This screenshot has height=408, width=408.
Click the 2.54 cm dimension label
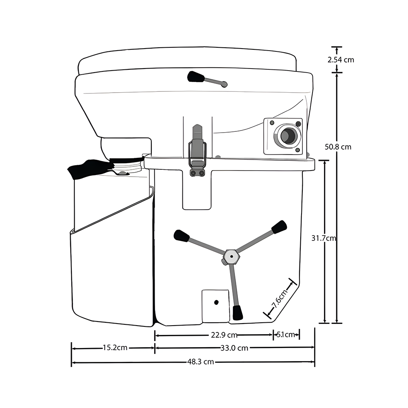pos(341,60)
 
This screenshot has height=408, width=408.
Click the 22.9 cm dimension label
pos(224,335)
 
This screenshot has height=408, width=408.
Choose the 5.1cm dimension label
pos(286,335)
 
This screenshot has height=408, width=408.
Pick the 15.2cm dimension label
pos(115,348)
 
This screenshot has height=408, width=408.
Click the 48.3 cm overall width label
pos(201,361)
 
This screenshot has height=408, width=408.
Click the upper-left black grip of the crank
pos(181,236)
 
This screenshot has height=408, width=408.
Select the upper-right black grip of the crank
pos(279,227)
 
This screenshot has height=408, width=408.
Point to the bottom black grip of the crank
pos(237,313)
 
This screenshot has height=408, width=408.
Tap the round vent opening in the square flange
pos(288,135)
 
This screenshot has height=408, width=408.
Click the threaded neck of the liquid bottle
pos(127,166)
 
